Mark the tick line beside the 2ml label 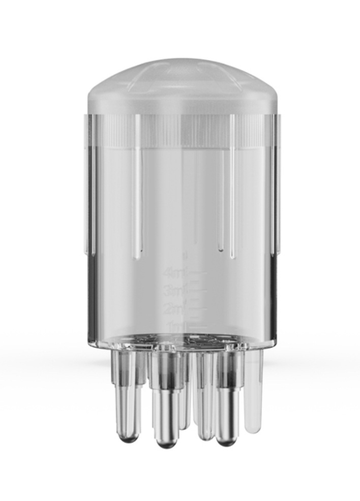(x=196, y=307)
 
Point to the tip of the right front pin (x=227, y=440)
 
